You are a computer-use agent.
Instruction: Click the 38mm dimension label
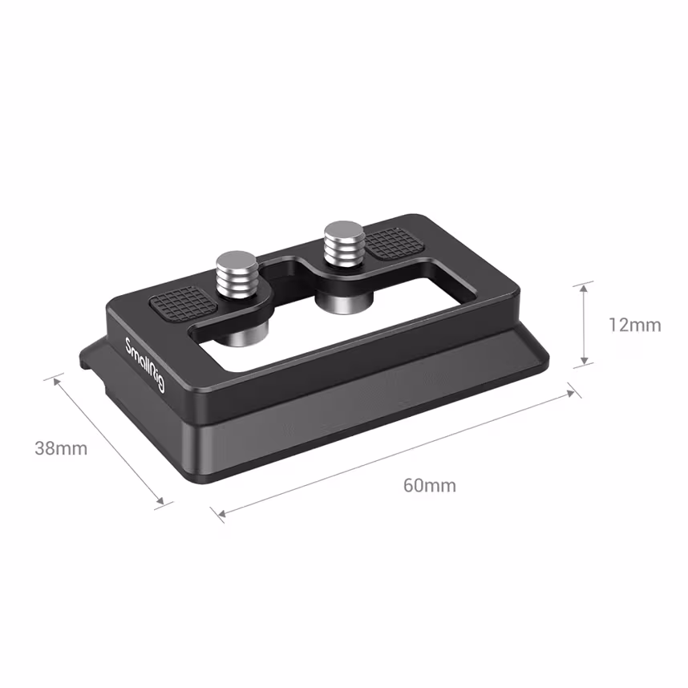tap(61, 447)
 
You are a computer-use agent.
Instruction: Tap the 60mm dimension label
tap(429, 485)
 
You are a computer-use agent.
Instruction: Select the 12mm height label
tap(634, 325)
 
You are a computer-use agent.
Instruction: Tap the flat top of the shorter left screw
tap(237, 260)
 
